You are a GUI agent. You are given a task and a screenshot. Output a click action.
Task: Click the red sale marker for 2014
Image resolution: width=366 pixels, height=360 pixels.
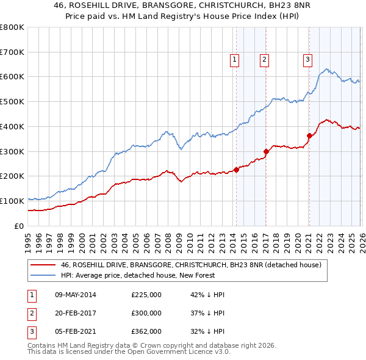236,170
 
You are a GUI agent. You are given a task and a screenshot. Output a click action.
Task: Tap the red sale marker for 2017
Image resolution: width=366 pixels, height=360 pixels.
266,151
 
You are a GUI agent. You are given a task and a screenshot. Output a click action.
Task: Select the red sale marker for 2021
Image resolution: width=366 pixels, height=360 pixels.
309,136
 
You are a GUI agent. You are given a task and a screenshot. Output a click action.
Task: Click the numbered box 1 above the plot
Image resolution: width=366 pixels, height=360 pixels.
235,59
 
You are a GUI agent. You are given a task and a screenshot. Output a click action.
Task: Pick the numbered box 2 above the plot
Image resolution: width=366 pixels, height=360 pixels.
264,59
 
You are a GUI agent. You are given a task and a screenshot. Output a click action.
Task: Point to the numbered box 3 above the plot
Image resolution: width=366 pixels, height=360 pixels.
307,59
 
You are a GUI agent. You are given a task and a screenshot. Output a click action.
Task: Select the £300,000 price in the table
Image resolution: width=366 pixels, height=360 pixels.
146,313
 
